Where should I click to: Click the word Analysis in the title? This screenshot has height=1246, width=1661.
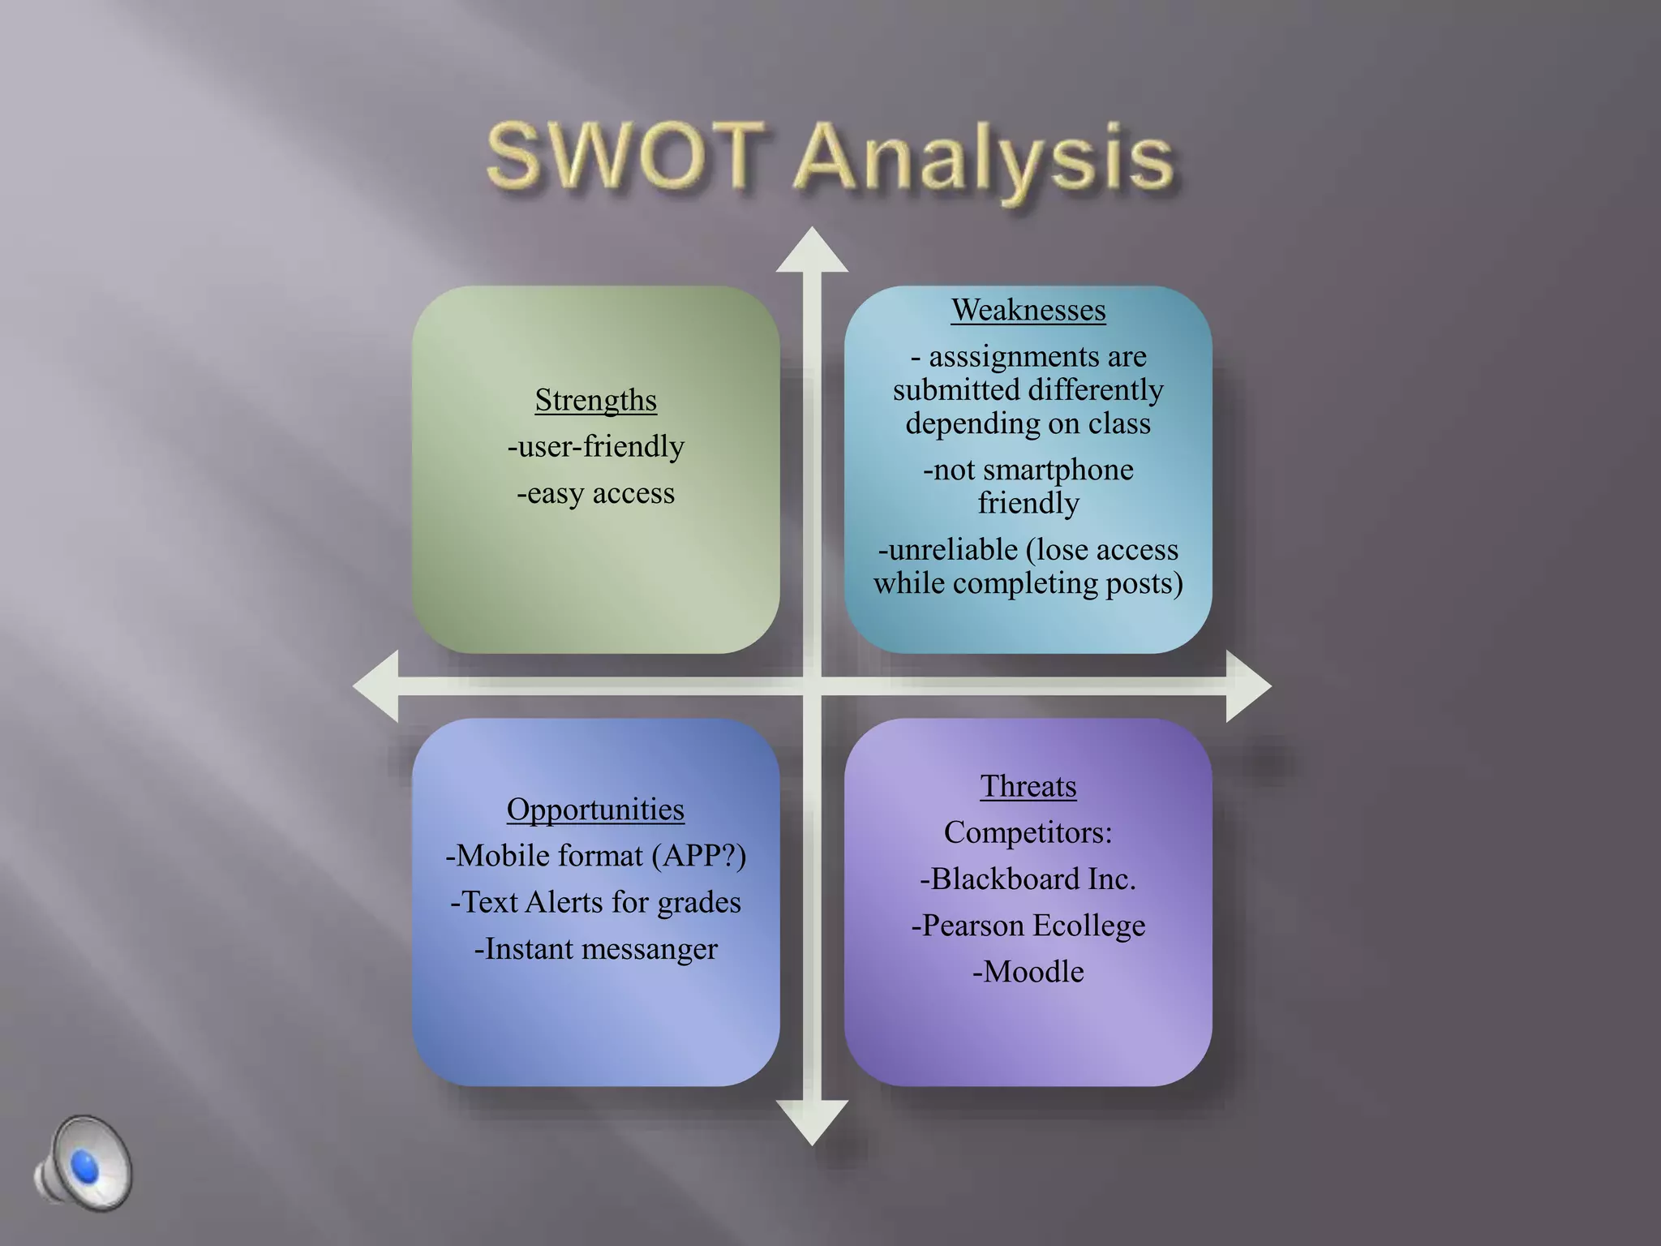click(985, 158)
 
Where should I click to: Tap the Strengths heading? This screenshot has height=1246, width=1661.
click(595, 400)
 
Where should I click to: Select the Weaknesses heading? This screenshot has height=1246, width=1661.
click(1028, 310)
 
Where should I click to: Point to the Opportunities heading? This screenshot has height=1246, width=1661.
click(595, 810)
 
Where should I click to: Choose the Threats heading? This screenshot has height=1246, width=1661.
click(1028, 786)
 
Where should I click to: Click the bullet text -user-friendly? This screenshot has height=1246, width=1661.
click(595, 447)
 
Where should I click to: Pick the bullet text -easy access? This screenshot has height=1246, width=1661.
click(595, 493)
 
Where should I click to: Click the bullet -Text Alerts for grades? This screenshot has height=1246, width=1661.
click(595, 902)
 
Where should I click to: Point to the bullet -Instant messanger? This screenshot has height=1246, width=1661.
click(595, 949)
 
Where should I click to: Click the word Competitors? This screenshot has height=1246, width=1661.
click(1028, 832)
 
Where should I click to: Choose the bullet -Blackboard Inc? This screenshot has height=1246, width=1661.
click(1028, 879)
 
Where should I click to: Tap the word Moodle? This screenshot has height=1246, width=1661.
click(1033, 972)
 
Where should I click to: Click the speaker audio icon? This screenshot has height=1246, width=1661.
click(83, 1163)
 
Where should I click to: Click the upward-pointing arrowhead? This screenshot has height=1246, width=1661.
click(812, 251)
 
